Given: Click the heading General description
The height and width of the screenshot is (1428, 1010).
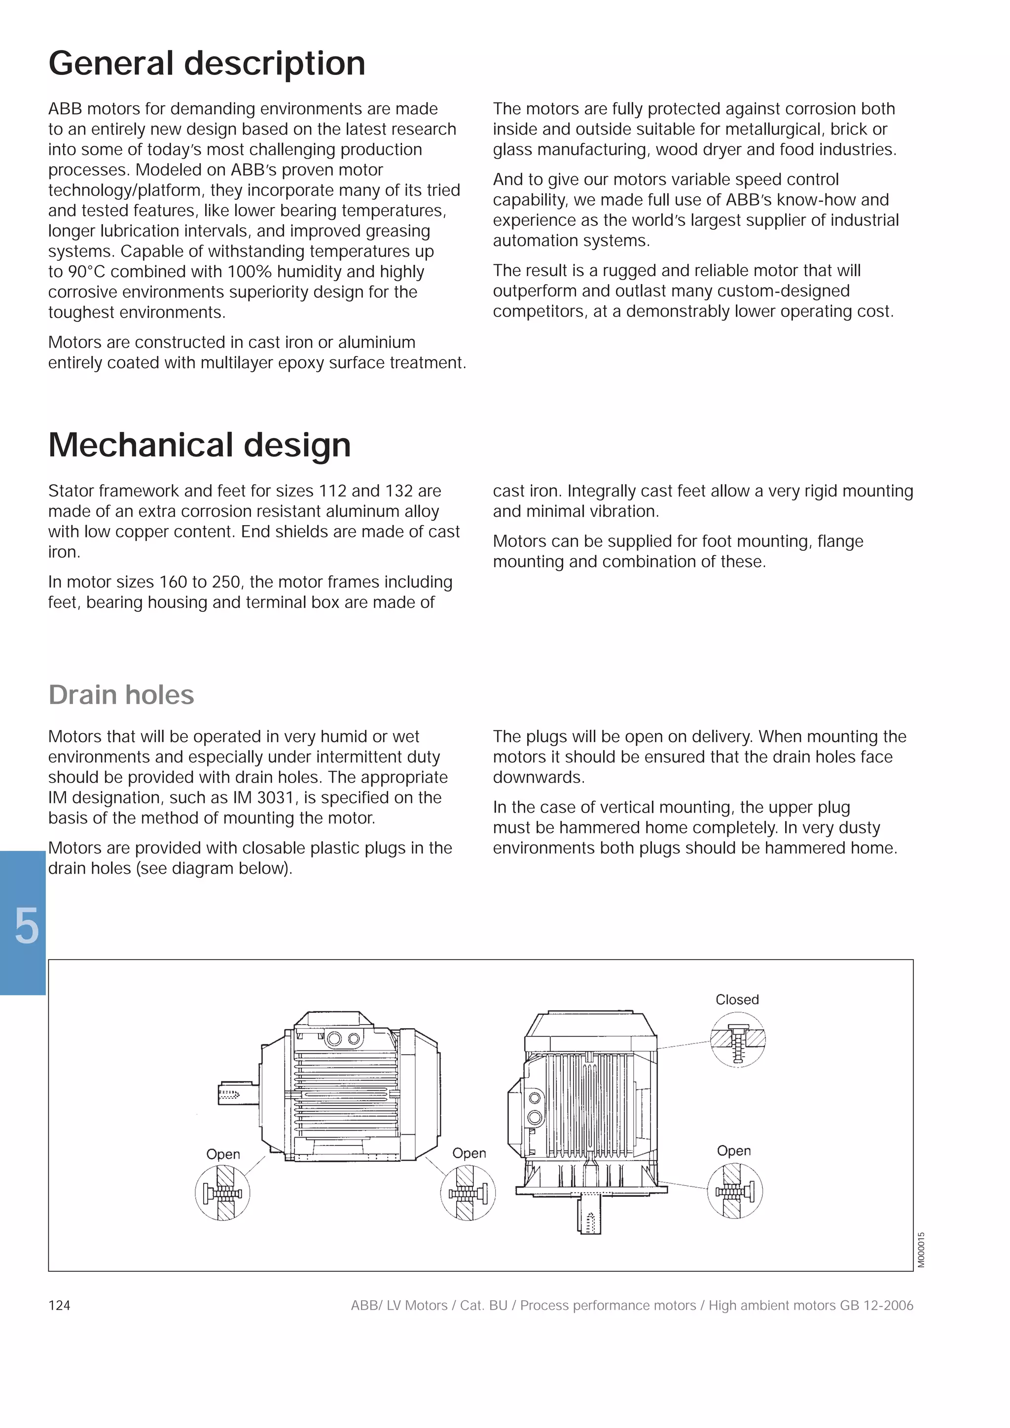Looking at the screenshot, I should tap(207, 64).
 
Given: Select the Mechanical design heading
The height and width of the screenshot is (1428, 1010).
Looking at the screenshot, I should tap(199, 445).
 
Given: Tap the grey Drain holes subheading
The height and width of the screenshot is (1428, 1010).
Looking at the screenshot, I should tap(121, 695).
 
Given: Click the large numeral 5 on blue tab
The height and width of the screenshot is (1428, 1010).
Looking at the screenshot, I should tap(26, 927).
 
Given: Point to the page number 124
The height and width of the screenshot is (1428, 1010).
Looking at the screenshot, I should tap(59, 1306).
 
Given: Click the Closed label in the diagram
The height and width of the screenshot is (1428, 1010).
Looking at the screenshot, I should tap(737, 1000).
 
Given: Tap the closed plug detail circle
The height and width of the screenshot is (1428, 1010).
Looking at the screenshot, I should tap(738, 1040).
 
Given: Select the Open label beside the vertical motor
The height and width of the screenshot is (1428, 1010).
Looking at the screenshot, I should tap(734, 1150).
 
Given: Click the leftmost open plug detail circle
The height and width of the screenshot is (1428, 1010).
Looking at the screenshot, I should tap(222, 1193).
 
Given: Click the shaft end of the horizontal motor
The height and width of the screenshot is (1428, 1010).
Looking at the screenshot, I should tap(238, 1093).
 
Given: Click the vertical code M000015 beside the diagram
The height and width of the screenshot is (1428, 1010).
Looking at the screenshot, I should tap(921, 1249).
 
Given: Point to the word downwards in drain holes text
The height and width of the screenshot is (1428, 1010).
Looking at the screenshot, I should tap(539, 778).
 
